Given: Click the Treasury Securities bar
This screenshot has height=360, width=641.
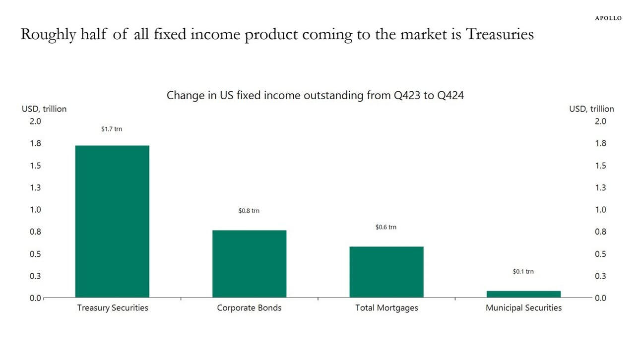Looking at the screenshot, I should pyautogui.click(x=112, y=221).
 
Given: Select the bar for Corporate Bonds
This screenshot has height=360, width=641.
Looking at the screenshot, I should pyautogui.click(x=249, y=263).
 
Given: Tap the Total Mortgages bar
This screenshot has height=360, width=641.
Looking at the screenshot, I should pyautogui.click(x=386, y=272).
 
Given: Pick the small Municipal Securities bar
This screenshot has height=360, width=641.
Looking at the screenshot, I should pyautogui.click(x=523, y=294).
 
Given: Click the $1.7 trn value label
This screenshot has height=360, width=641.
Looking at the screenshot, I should pyautogui.click(x=112, y=129).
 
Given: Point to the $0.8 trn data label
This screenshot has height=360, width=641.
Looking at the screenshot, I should pyautogui.click(x=249, y=211).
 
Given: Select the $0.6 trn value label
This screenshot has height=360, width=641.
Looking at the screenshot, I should pyautogui.click(x=386, y=227).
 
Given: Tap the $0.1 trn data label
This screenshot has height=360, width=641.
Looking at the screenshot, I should pyautogui.click(x=523, y=272).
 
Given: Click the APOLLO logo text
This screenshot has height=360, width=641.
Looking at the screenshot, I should pyautogui.click(x=608, y=18).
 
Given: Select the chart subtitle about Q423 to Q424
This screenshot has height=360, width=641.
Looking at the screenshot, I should pyautogui.click(x=315, y=95).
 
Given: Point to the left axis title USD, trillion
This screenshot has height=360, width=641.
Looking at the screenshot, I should pyautogui.click(x=44, y=109).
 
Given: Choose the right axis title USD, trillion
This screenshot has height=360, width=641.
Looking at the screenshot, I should pyautogui.click(x=591, y=109).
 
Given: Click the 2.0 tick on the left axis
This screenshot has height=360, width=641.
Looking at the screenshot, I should pyautogui.click(x=35, y=121).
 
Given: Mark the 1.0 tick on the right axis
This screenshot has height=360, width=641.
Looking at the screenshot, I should pyautogui.click(x=600, y=210).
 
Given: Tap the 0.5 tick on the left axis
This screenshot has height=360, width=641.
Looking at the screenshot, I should pyautogui.click(x=35, y=254).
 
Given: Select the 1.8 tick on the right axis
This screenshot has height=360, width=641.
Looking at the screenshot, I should pyautogui.click(x=600, y=144).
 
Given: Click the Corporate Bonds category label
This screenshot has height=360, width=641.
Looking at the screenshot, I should pyautogui.click(x=249, y=308).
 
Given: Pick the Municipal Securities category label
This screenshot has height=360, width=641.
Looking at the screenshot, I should pyautogui.click(x=523, y=308).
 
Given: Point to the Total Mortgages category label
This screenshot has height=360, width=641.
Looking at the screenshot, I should pyautogui.click(x=386, y=308).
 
